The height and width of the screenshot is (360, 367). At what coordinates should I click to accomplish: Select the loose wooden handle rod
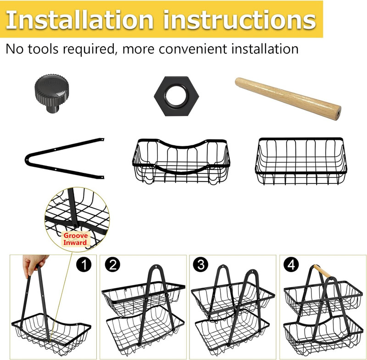[288, 98]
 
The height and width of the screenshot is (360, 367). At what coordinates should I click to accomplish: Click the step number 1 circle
[84, 265]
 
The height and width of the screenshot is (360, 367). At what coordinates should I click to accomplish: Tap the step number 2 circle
[112, 265]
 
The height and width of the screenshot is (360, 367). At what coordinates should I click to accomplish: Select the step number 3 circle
[201, 265]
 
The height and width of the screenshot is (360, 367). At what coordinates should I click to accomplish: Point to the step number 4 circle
[291, 265]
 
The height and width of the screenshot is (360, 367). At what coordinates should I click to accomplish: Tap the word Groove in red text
[76, 236]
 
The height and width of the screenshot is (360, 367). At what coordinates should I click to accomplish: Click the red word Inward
[75, 243]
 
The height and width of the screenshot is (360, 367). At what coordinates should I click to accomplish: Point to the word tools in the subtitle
[43, 49]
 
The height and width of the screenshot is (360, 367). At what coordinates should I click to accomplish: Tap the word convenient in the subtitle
[193, 49]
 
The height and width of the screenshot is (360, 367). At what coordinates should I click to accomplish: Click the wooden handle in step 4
[322, 271]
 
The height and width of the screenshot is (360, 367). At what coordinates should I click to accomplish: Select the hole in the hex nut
[176, 96]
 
